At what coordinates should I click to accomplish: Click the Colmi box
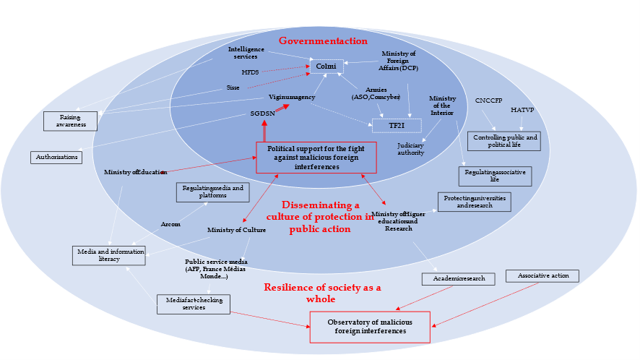(327, 67)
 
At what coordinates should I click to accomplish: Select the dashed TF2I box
(396, 124)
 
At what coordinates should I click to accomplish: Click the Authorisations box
(56, 156)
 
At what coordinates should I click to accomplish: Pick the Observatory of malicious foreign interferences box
(370, 327)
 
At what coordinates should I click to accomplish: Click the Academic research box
(458, 279)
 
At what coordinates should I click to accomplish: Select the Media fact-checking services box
(193, 304)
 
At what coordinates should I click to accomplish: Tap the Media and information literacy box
(109, 254)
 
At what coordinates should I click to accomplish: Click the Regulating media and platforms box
(212, 192)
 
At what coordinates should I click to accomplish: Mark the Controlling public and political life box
(504, 141)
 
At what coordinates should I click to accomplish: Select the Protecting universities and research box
(474, 202)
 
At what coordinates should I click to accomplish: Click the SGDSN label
(263, 113)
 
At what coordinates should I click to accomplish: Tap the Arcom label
(170, 223)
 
